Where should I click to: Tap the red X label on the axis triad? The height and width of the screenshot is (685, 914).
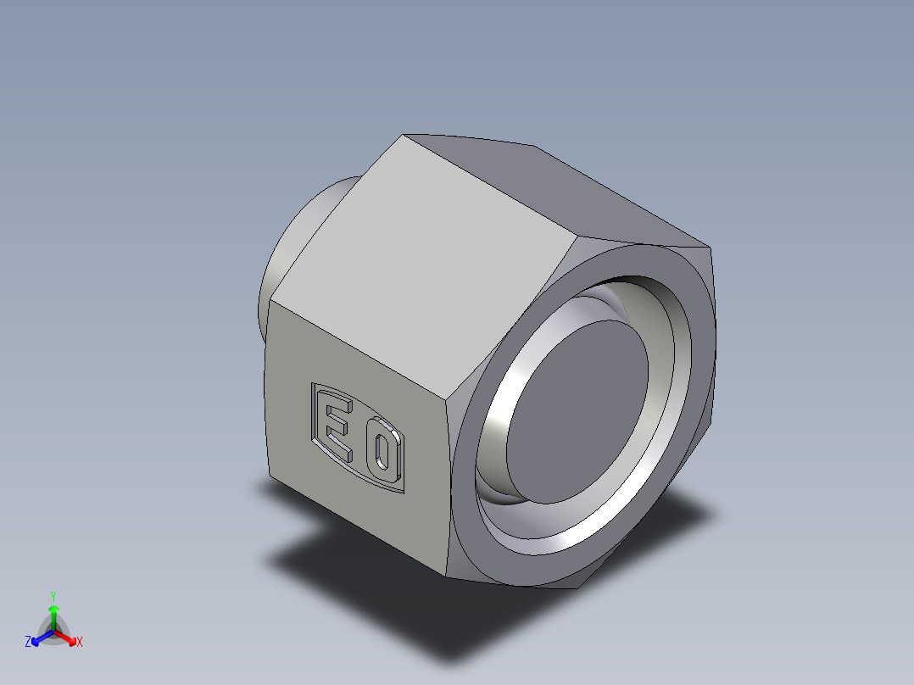coord(79,643)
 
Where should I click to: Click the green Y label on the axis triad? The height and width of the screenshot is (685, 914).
coord(53,596)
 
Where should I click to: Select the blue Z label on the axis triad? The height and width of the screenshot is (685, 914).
coord(28,643)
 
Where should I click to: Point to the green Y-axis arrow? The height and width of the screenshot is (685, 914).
coord(53,615)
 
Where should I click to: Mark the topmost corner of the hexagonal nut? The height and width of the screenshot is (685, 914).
coord(404,134)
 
